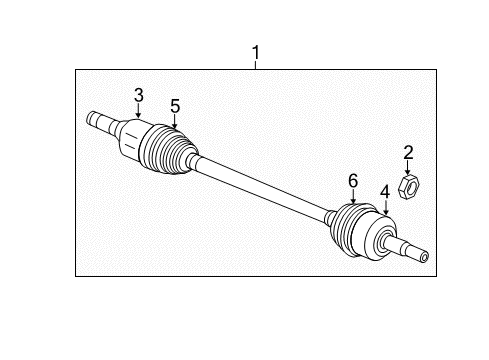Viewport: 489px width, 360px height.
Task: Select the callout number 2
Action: click(x=408, y=152)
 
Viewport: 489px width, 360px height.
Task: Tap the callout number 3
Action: click(x=139, y=95)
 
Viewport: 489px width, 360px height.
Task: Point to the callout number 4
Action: click(x=384, y=191)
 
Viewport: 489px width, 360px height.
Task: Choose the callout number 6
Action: click(x=352, y=180)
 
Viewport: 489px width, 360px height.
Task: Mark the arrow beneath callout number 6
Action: click(x=352, y=198)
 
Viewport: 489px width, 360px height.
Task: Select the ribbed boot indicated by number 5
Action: click(x=170, y=150)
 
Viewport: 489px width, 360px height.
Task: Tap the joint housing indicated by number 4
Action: click(x=384, y=240)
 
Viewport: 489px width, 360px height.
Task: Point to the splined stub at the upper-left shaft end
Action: click(x=98, y=121)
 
